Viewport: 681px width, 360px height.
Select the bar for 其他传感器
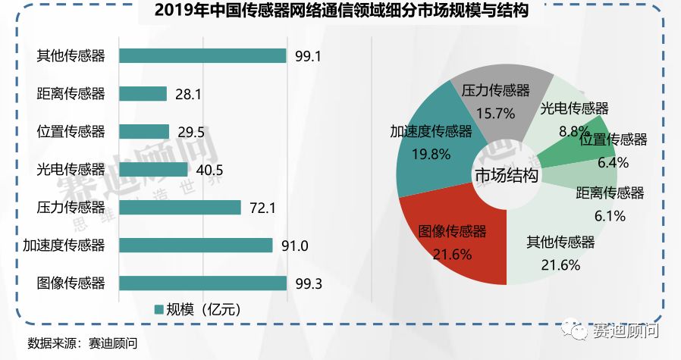coord(202,55)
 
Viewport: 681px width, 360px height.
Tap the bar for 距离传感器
coord(143,93)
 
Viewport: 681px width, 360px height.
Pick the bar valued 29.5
coord(144,131)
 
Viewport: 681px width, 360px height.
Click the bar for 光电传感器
coord(154,169)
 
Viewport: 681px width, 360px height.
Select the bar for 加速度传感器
coord(196,245)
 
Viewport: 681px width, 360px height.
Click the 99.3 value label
coord(308,283)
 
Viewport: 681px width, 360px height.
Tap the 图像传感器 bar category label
coord(71,283)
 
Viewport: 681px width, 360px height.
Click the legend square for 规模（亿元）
coord(158,309)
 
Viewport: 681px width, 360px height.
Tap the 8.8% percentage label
coord(574,130)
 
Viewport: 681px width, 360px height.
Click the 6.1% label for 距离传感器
coord(610,216)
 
